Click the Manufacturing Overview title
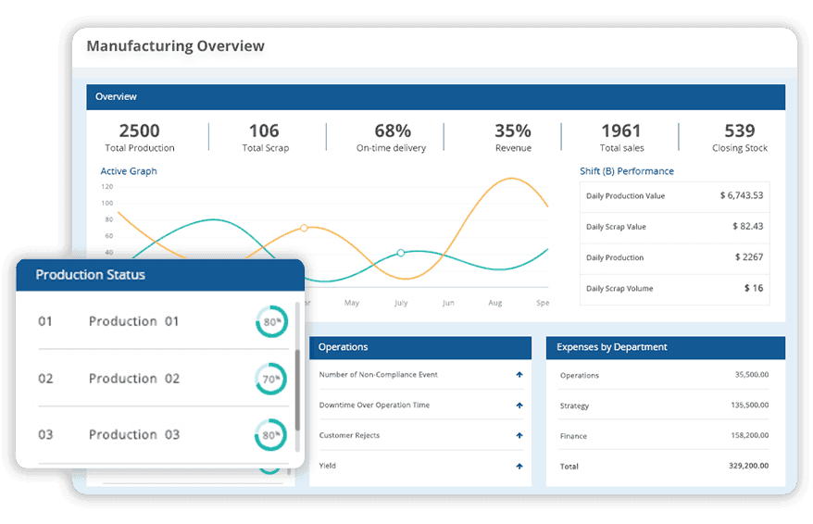point(175,46)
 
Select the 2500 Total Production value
point(139,131)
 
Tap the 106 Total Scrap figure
point(264,131)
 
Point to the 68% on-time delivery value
point(392,131)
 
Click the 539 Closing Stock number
point(739,131)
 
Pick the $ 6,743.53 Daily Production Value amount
point(741,195)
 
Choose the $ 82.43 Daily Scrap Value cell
point(746,226)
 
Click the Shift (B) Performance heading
point(626,171)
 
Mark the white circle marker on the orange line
point(304,228)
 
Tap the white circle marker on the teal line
point(401,253)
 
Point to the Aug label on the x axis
point(494,303)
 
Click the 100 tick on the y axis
point(107,203)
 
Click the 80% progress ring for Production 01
point(271,322)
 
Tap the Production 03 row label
point(134,434)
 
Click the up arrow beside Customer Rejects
point(519,435)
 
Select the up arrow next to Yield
point(519,466)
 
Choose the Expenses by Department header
point(612,347)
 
